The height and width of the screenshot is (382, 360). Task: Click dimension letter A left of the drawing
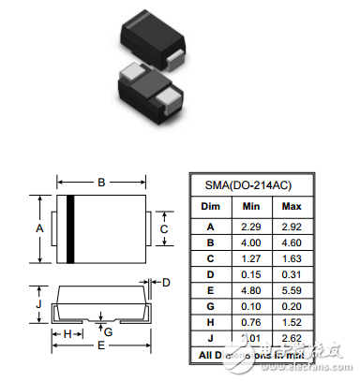point(39,228)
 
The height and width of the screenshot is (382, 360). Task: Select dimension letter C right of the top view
point(163,228)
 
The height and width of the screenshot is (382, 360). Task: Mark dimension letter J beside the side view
point(38,304)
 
